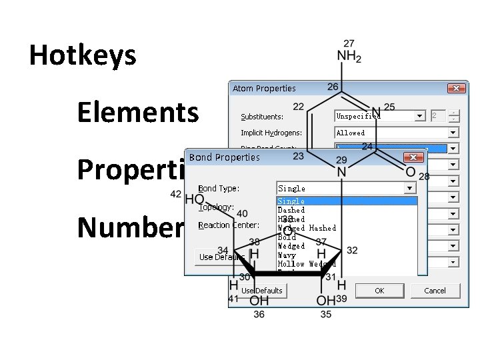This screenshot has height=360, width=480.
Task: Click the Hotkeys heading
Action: point(83,55)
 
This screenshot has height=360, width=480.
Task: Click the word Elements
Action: point(137,112)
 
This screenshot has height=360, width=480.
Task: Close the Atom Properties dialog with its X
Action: point(457,88)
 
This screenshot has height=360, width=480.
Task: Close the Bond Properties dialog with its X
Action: point(414,157)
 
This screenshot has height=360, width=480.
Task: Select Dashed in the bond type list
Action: point(291,210)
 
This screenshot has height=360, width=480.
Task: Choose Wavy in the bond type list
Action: point(287,255)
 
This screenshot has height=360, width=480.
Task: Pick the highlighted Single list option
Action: point(291,201)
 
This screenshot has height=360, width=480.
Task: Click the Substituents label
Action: point(261,117)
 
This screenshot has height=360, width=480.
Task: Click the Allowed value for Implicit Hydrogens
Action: point(351,133)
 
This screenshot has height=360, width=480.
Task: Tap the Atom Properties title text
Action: point(264,88)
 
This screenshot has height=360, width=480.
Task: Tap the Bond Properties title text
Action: point(225,157)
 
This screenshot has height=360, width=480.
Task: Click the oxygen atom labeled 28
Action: point(410,172)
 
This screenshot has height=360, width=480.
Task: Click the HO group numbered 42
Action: point(194,199)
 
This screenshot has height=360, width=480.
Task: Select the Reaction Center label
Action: point(229,225)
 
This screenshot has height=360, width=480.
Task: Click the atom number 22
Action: point(298,107)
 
